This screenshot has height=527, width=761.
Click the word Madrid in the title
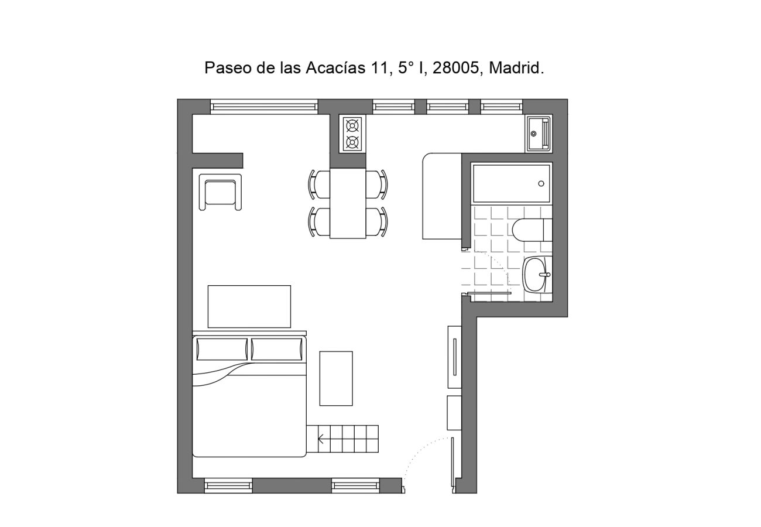tap(516, 68)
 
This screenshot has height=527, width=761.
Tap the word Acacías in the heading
tap(335, 68)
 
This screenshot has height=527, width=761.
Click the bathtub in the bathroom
tap(511, 183)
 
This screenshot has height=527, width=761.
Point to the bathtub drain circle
tap(541, 184)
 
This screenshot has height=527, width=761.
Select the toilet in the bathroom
tap(530, 230)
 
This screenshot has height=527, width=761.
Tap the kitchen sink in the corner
tap(537, 134)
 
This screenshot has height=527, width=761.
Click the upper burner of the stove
tap(352, 125)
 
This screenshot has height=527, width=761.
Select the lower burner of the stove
tap(352, 142)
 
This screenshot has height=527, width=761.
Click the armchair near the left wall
tap(220, 192)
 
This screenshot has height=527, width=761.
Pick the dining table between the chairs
tap(348, 203)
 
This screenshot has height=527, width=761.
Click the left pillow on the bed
tap(222, 349)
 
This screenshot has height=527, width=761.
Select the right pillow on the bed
tap(277, 349)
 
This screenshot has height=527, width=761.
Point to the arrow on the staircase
tap(321, 439)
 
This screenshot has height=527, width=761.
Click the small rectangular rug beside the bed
tap(335, 378)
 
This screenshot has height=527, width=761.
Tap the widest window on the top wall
tap(264, 107)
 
